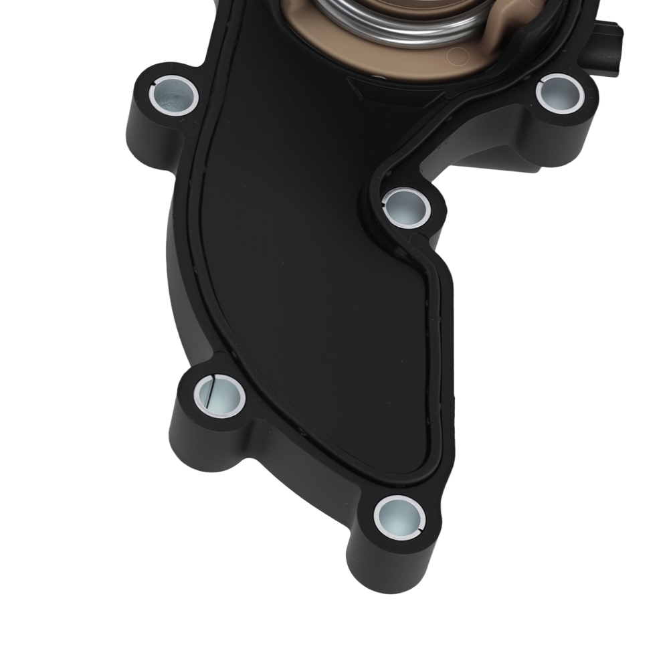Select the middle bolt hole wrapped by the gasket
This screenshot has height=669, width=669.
coord(407,205)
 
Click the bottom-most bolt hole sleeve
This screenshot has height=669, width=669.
coord(399,515)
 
